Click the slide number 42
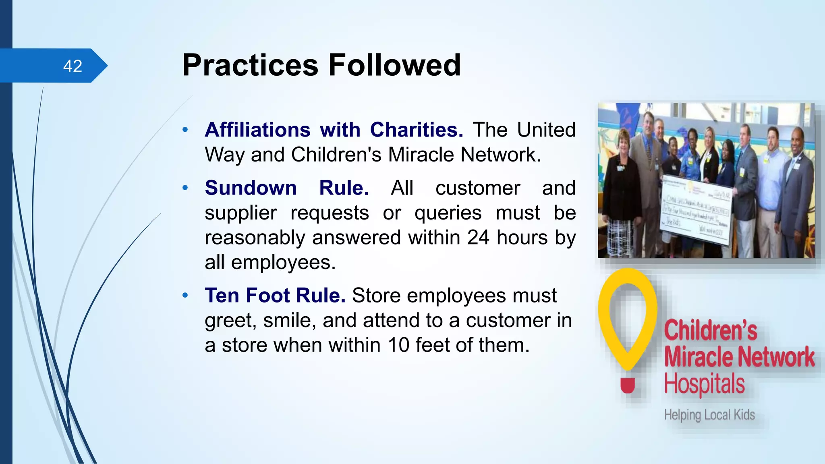[x=73, y=66]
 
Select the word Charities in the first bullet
[x=416, y=130]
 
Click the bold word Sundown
[x=251, y=188]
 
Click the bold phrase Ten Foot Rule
[x=275, y=295]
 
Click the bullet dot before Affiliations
[x=185, y=130]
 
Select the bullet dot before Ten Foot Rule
[x=185, y=295]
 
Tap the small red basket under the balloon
[x=627, y=385]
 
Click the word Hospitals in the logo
[x=704, y=383]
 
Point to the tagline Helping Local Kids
[x=709, y=415]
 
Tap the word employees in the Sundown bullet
[x=283, y=263]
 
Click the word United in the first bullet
[x=546, y=130]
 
